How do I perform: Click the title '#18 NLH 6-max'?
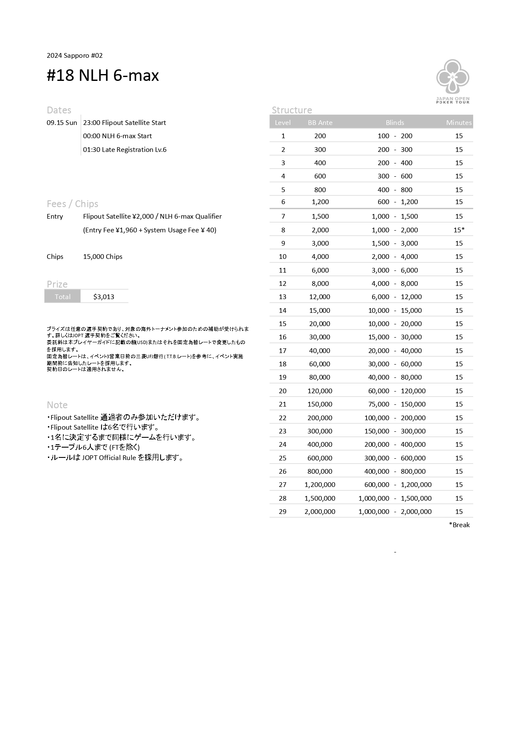click(x=103, y=76)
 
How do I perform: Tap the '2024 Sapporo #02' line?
click(x=75, y=56)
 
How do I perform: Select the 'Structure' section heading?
click(x=292, y=110)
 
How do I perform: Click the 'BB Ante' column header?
click(x=320, y=123)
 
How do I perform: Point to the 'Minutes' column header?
click(x=459, y=123)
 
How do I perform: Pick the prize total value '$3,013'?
click(x=104, y=297)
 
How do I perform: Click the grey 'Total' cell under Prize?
click(x=63, y=297)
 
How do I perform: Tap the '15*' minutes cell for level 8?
click(x=459, y=230)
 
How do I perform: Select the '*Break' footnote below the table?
click(x=459, y=525)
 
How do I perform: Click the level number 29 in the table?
click(x=283, y=512)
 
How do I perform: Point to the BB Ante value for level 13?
click(x=320, y=297)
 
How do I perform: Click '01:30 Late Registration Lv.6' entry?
click(x=125, y=150)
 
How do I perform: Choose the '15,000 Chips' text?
click(x=103, y=257)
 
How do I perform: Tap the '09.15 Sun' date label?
click(x=62, y=123)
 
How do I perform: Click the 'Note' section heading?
click(x=57, y=405)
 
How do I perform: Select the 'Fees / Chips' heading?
click(x=72, y=204)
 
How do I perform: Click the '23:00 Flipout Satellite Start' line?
click(x=125, y=123)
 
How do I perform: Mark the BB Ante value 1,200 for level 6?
click(x=320, y=202)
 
